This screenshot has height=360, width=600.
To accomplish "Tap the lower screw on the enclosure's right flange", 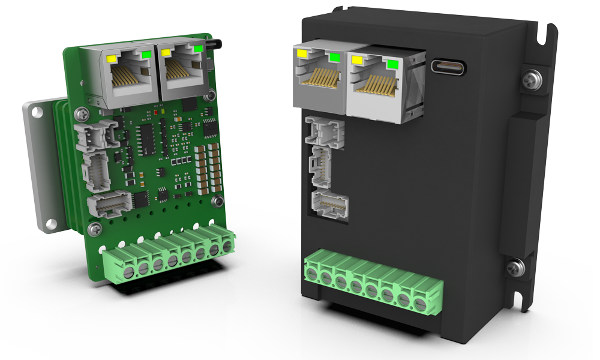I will tap(516, 267).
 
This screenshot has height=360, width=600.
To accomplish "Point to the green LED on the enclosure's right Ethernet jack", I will tap(394, 64).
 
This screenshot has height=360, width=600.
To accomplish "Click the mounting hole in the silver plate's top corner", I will tap(34, 112).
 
